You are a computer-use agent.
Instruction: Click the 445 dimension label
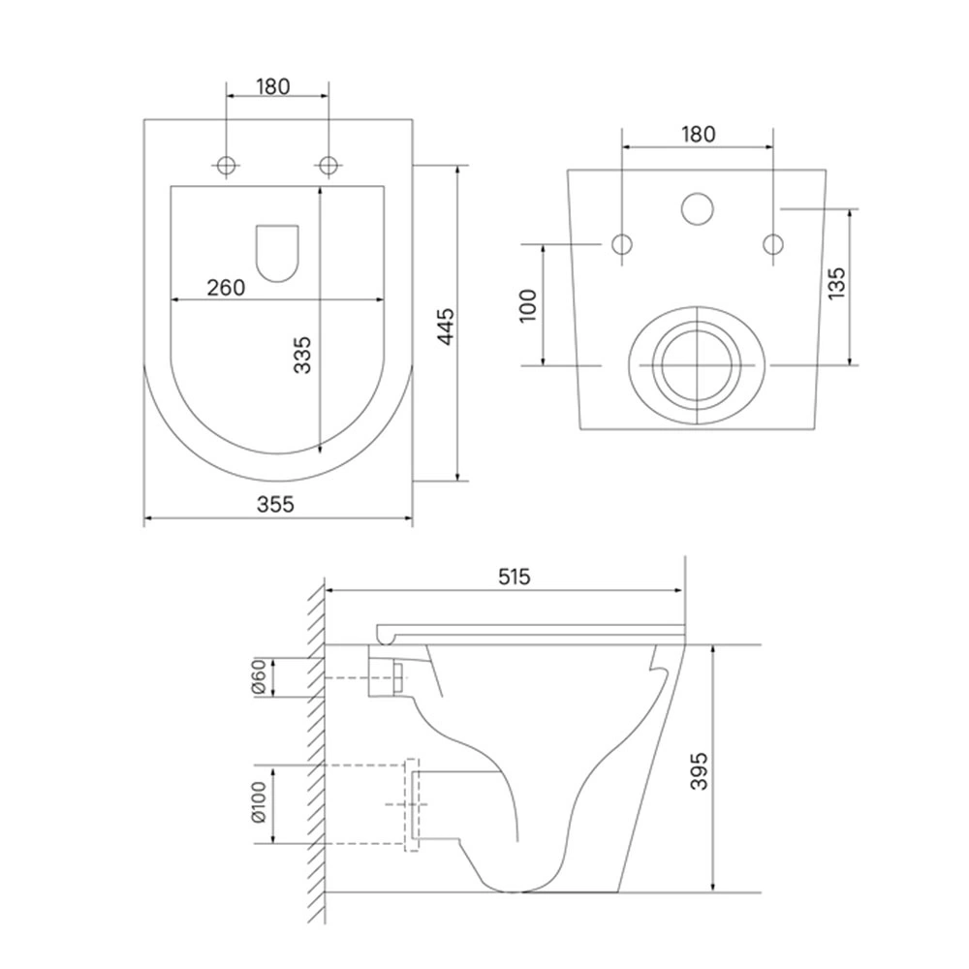(x=445, y=327)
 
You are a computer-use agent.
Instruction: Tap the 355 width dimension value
(x=275, y=504)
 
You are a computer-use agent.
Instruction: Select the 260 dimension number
(x=226, y=288)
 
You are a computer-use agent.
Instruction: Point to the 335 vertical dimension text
(x=302, y=355)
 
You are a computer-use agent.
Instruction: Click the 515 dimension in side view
(x=515, y=577)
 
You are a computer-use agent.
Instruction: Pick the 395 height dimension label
(x=699, y=770)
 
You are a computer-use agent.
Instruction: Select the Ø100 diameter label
(x=259, y=801)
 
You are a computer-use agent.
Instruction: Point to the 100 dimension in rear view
(x=528, y=305)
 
